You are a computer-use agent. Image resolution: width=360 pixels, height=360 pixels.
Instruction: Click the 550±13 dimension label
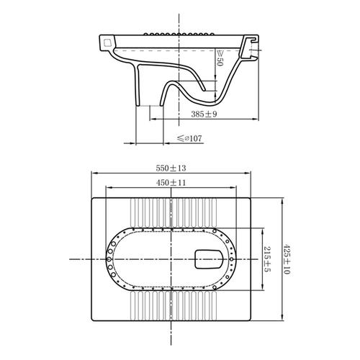(x=171, y=168)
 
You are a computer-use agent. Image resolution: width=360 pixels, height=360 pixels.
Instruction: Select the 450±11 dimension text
(x=171, y=183)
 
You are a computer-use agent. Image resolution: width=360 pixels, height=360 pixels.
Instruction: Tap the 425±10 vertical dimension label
(x=287, y=259)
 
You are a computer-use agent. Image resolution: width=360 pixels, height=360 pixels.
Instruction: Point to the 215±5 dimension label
(x=266, y=259)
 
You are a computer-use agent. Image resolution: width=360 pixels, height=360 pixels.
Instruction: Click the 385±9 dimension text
(x=204, y=114)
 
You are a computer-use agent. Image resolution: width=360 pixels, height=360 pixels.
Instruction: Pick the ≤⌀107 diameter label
(x=189, y=138)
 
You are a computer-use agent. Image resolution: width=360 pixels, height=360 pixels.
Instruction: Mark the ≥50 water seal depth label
(x=220, y=58)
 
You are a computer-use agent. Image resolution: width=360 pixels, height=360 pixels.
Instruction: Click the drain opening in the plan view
(x=209, y=259)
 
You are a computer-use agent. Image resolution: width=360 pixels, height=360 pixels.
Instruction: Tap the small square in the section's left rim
(x=107, y=42)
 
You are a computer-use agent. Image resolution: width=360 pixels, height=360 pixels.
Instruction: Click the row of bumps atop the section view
(x=179, y=34)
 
